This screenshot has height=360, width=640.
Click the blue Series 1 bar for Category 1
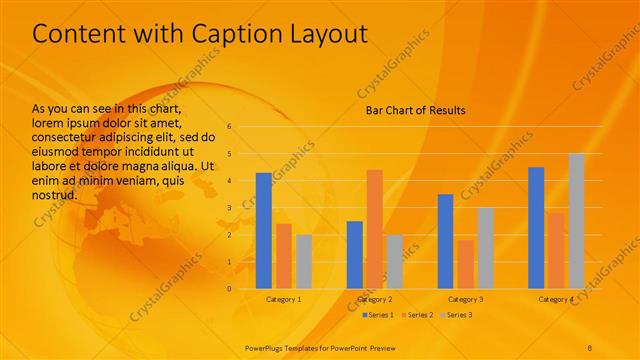point(264,231)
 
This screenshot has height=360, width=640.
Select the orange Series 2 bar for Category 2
point(374,229)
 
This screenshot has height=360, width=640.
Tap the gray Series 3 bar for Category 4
point(576,221)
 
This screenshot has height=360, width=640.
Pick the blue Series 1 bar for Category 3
point(445,241)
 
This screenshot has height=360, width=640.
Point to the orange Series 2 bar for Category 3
point(465,264)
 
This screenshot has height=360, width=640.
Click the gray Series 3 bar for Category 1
point(303,262)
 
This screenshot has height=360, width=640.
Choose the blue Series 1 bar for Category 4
point(536,228)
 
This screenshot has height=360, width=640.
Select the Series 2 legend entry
point(418,315)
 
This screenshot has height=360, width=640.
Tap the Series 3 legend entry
point(455,315)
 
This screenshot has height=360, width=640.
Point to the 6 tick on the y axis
point(229,127)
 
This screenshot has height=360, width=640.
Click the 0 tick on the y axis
point(229,289)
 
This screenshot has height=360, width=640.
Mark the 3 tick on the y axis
point(229,208)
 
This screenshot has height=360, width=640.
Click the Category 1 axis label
point(283,299)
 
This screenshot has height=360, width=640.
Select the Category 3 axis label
point(465,299)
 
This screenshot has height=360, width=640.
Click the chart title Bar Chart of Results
point(414,110)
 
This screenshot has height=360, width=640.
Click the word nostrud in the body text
point(55,193)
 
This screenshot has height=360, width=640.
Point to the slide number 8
point(590,346)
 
